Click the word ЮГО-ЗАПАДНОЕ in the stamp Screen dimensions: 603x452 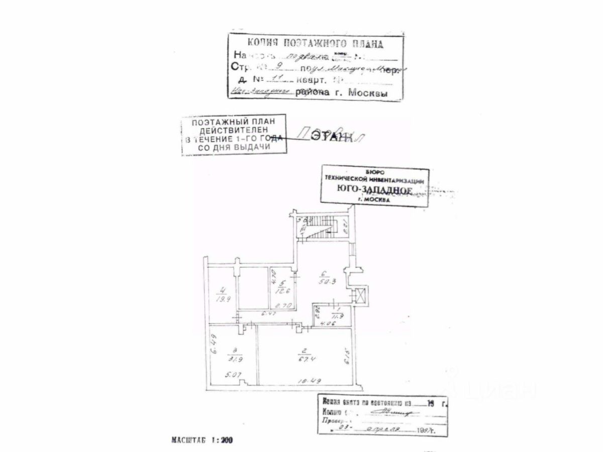374,189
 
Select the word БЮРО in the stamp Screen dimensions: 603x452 374,172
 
